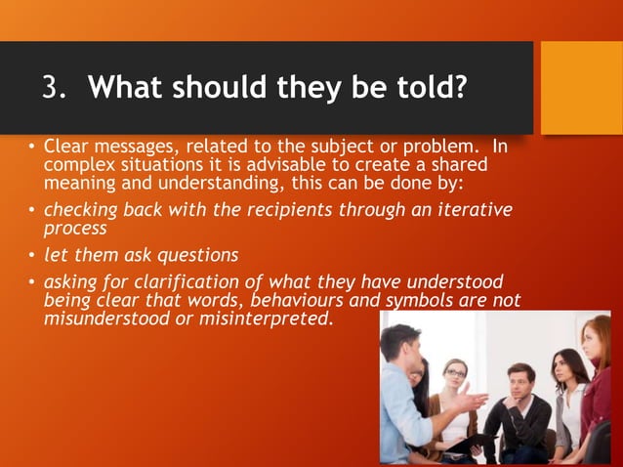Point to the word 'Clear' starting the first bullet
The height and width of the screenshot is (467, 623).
pos(65,147)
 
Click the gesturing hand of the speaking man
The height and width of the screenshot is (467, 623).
pos(476,401)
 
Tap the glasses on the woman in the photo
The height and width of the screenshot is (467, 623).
pos(455,374)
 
